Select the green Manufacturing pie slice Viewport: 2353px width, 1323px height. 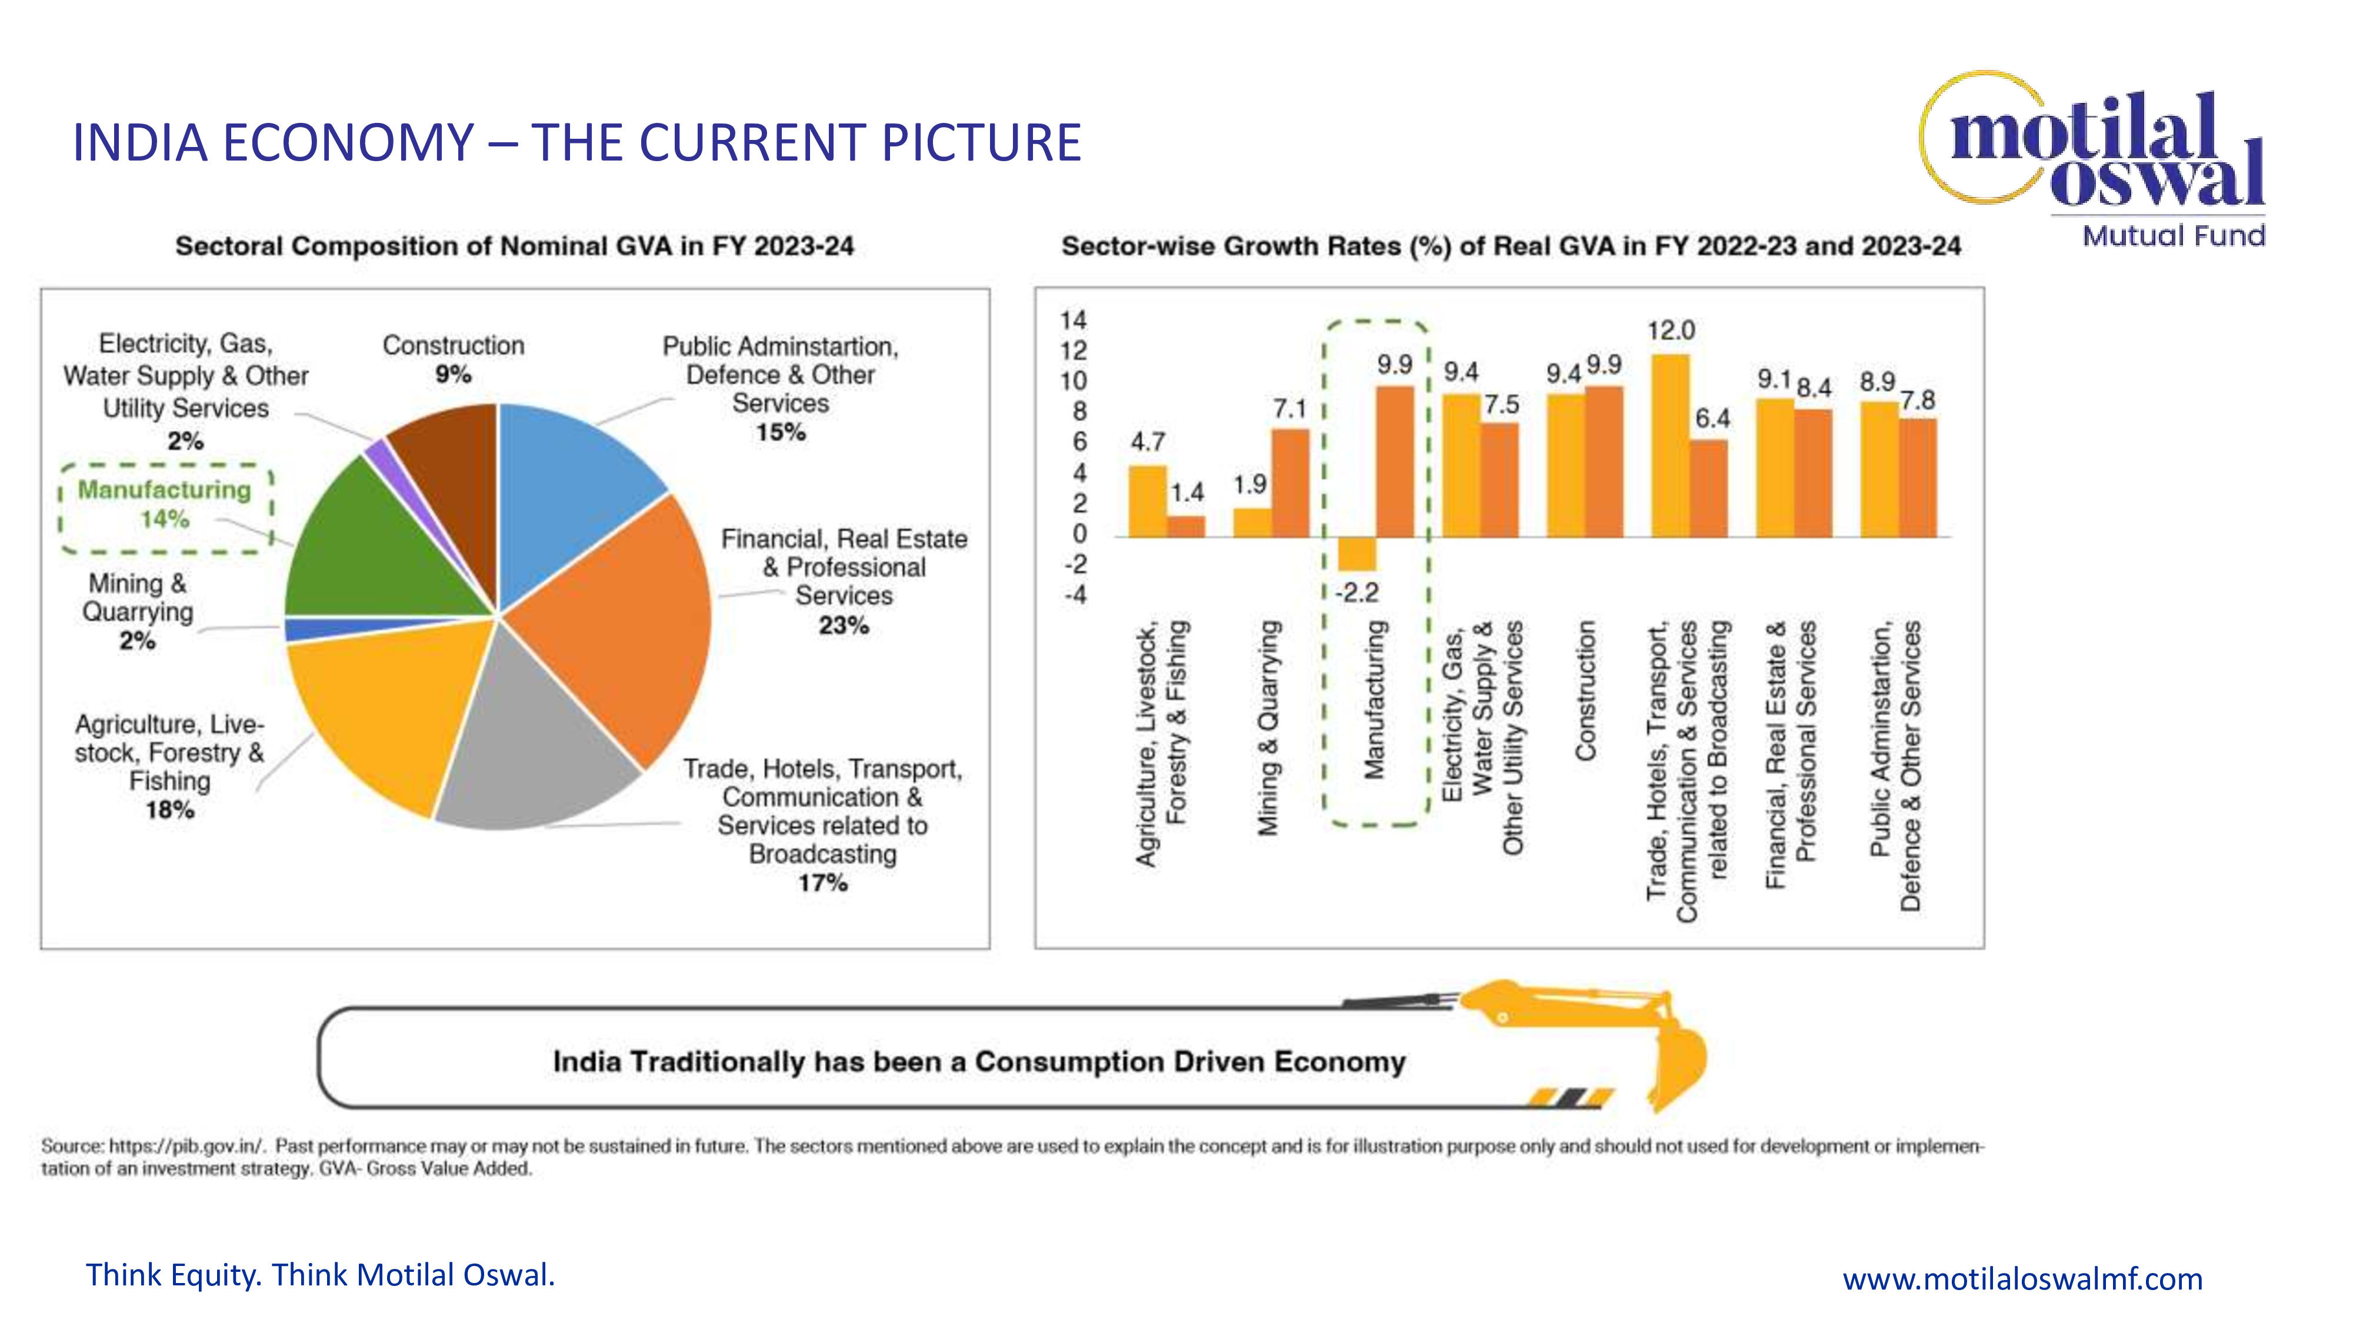388,548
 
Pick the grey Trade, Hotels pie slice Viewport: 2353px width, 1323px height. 530,740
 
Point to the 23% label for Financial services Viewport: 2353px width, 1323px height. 843,626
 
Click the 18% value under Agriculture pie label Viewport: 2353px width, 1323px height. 170,810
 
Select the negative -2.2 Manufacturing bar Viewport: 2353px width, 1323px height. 1357,553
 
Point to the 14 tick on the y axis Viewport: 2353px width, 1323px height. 1074,320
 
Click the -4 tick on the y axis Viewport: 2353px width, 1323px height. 1075,595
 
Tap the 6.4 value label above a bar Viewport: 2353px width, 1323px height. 1712,419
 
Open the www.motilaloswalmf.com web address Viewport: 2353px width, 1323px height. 2021,1278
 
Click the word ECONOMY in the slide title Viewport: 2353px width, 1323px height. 348,143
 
